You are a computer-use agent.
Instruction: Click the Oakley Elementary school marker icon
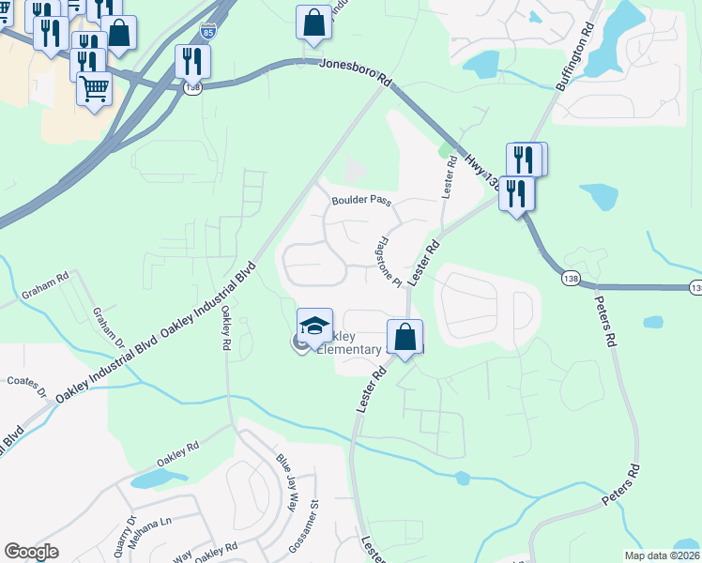315,326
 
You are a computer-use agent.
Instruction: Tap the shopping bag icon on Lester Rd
404,337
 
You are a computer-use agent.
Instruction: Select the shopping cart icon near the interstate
94,89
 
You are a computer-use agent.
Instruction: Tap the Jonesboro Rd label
355,71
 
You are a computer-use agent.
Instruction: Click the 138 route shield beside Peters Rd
570,279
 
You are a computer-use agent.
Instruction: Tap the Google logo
31,551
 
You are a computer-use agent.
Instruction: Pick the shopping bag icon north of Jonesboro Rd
313,23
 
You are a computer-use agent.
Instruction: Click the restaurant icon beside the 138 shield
192,61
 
